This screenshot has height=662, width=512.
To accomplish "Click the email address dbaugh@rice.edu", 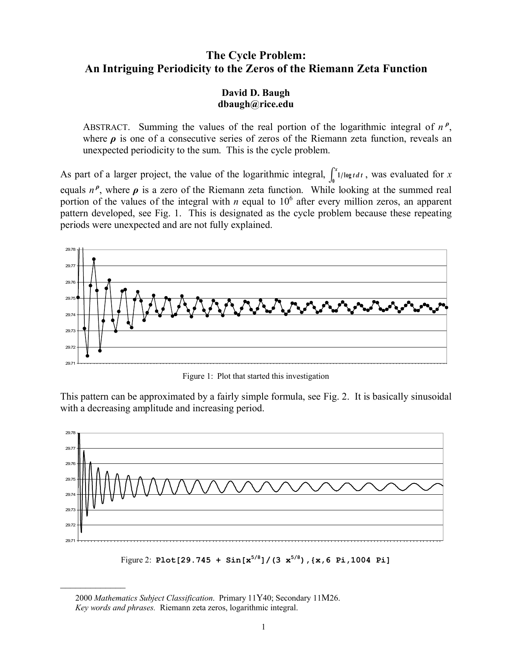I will point(255,104).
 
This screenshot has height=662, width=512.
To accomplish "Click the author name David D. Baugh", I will point(256,93).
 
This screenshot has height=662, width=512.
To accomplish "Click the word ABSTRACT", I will point(106,128).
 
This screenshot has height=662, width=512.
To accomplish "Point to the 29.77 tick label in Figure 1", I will point(70,266).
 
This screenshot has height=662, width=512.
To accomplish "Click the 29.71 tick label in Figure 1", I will point(70,363).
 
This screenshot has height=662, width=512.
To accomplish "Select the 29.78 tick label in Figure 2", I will point(70,433).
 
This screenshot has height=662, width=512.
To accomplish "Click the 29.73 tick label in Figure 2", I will point(70,510).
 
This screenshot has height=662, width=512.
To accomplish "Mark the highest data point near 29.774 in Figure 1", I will point(94,259).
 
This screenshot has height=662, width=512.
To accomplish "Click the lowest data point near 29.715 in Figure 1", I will point(88,356).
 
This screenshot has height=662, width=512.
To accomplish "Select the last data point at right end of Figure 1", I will point(447,307).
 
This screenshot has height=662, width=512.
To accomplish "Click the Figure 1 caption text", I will point(255,376).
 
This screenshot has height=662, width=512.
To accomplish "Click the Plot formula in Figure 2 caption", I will point(273,560).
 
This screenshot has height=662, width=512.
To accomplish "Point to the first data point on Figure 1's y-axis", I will point(78,297).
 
